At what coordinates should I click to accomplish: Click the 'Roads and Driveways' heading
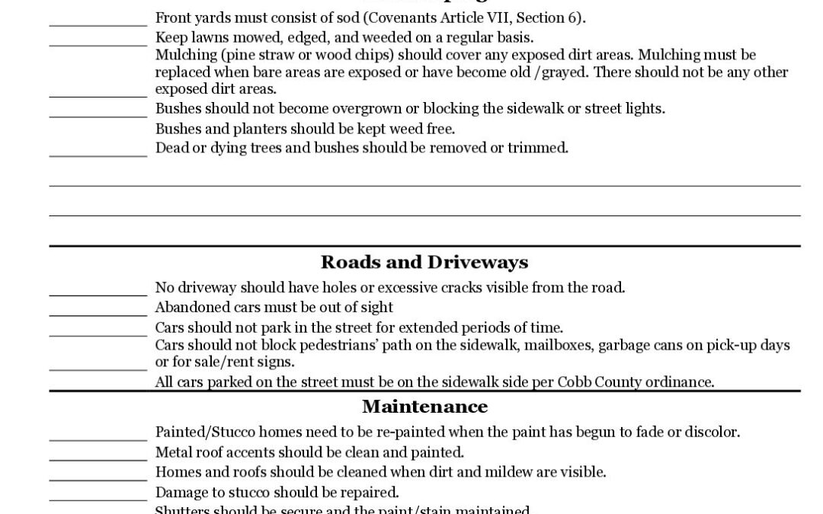point(424,262)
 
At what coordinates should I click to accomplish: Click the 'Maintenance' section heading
point(424,406)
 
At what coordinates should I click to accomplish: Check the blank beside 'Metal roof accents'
point(98,458)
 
